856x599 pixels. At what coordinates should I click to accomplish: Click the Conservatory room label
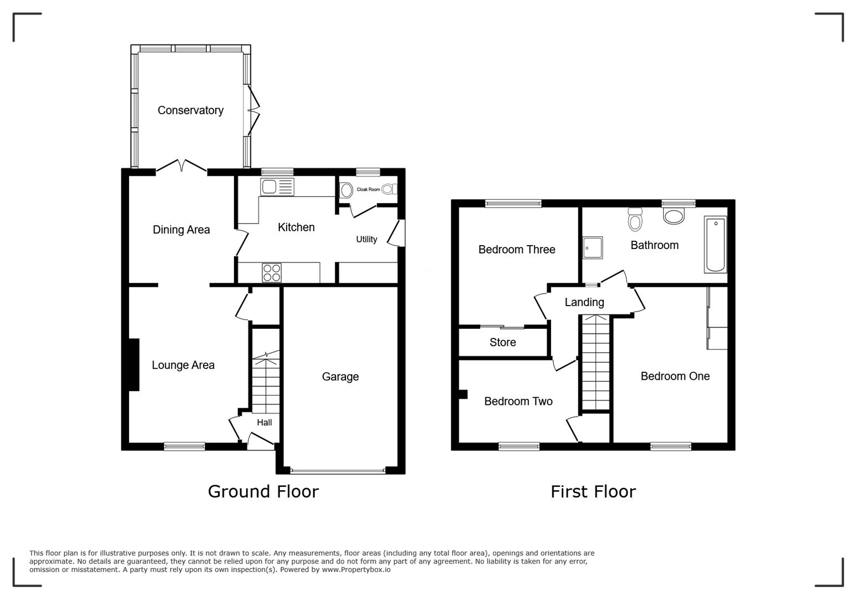[x=190, y=110]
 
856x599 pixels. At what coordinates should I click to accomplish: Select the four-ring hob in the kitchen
[x=272, y=273]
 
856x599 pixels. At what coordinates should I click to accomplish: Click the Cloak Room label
[x=368, y=190]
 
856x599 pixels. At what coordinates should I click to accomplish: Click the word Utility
[x=366, y=239]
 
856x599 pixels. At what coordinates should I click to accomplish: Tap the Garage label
[x=340, y=377]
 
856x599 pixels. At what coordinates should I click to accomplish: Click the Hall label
[x=264, y=423]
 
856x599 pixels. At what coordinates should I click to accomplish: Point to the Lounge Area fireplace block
[x=134, y=365]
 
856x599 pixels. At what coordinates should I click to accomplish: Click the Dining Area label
[x=181, y=230]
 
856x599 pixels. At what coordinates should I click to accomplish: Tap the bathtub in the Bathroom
[x=715, y=245]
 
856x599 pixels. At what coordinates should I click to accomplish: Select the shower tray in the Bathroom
[x=593, y=248]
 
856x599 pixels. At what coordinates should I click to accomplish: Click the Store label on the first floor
[x=502, y=343]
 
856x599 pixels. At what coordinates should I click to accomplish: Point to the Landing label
[x=584, y=302]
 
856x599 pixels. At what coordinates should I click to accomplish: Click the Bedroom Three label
[x=517, y=250]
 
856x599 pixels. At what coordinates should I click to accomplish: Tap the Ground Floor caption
[x=263, y=491]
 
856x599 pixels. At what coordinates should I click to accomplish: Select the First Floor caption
[x=593, y=491]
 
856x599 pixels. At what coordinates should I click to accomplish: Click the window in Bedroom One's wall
[x=671, y=445]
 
